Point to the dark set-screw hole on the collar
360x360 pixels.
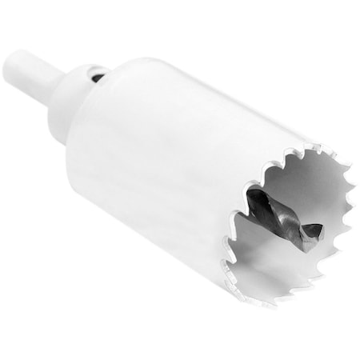pos(97,77)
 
